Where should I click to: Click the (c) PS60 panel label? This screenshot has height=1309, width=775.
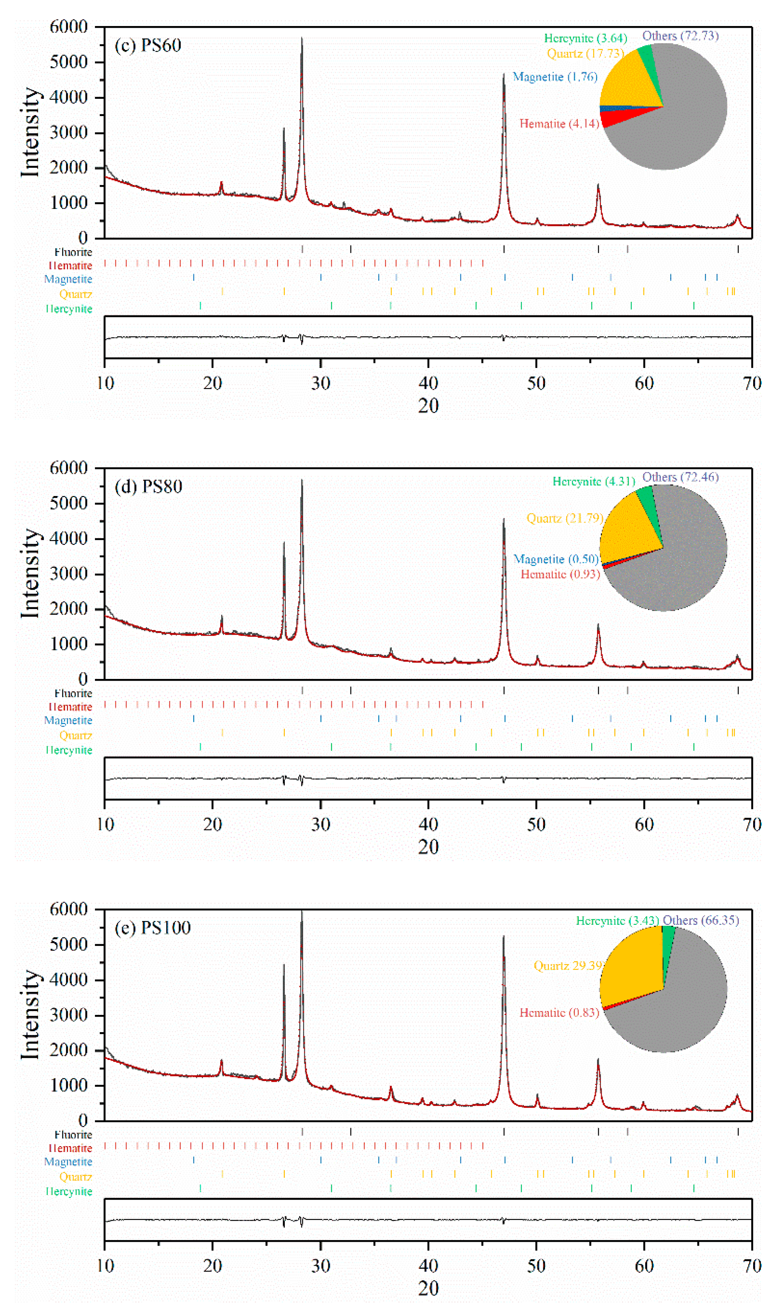[148, 45]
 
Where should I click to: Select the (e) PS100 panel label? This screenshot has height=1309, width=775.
[153, 928]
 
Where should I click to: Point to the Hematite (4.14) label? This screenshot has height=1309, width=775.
[559, 124]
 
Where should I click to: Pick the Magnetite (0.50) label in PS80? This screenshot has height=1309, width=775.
[556, 559]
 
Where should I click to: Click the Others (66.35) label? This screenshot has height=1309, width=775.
[700, 920]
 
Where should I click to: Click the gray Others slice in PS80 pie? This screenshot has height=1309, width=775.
[689, 564]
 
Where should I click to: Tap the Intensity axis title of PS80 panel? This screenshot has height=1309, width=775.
[30, 573]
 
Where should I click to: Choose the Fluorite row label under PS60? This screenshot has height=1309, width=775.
[73, 252]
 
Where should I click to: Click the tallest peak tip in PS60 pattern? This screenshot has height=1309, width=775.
[302, 38]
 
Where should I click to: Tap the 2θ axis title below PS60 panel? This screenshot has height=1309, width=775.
[428, 406]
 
